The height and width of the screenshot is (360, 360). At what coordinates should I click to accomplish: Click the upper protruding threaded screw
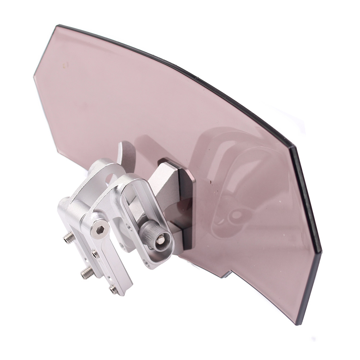(x=69, y=237)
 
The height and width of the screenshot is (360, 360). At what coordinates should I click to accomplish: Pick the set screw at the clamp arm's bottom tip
(x=114, y=289)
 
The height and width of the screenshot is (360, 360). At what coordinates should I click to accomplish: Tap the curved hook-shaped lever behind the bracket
(x=126, y=155)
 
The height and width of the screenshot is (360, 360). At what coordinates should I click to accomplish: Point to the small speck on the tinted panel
(x=65, y=65)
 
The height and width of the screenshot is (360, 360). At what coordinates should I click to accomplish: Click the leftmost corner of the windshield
(x=35, y=76)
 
